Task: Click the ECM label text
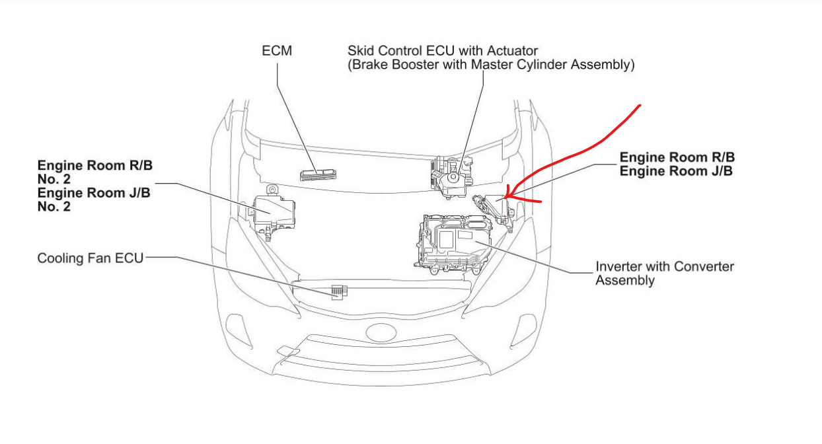[277, 51]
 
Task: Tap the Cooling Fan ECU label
[90, 258]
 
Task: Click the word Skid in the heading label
[360, 51]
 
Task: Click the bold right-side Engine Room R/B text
[677, 158]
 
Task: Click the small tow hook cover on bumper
[288, 351]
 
